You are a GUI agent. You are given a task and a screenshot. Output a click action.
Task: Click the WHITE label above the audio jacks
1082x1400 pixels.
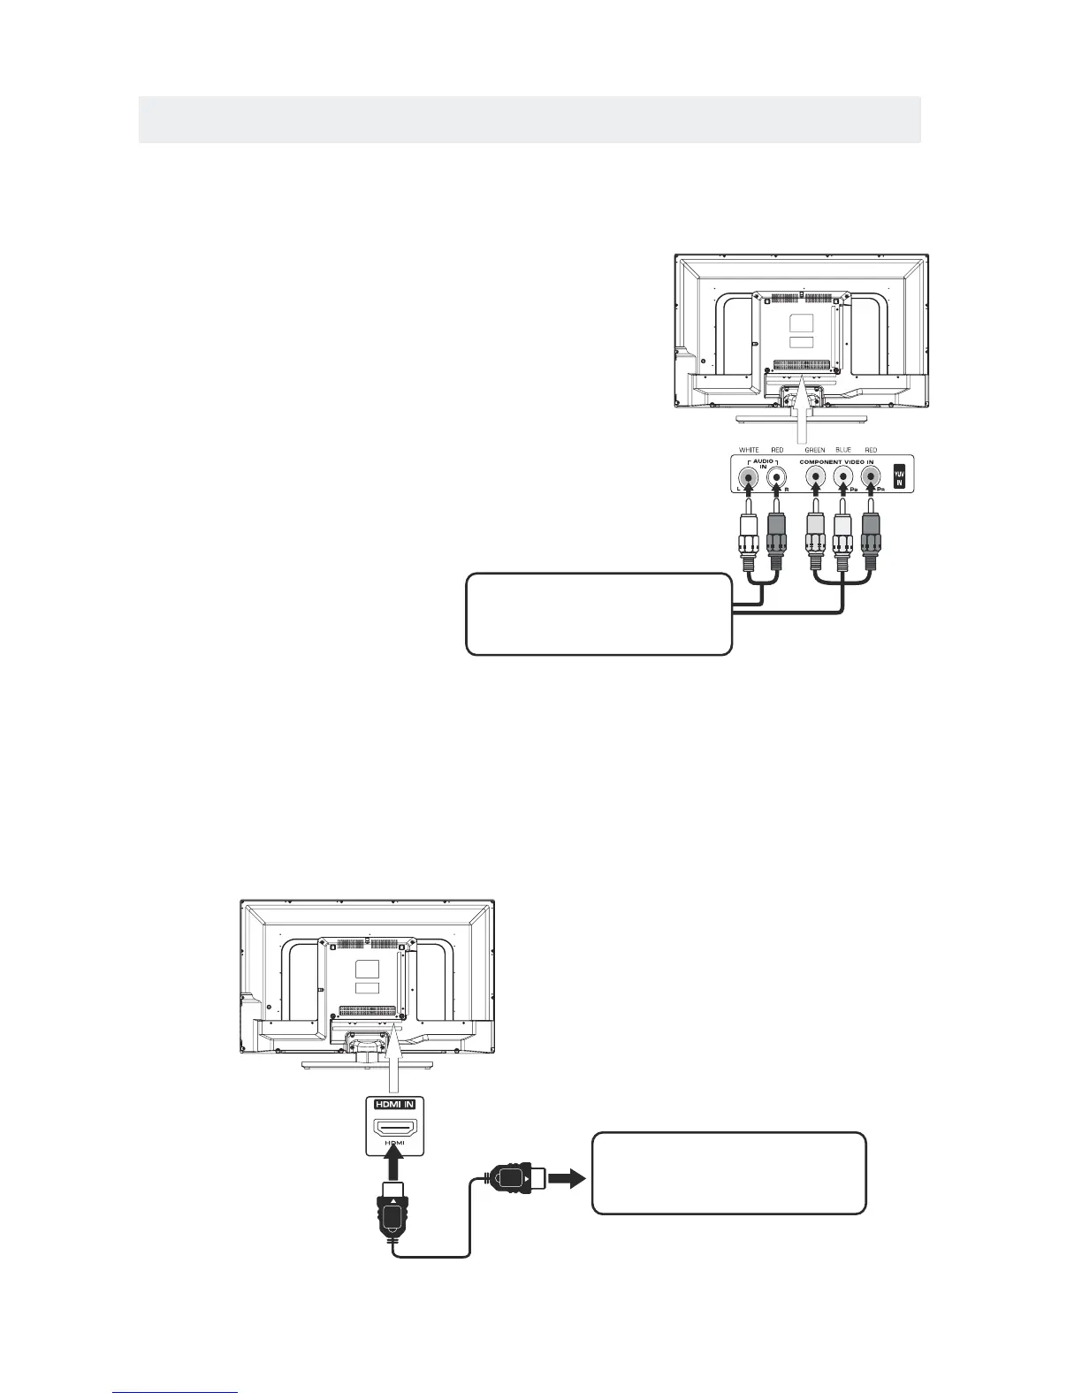coord(749,450)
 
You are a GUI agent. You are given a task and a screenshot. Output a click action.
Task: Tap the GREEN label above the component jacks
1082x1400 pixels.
coord(814,450)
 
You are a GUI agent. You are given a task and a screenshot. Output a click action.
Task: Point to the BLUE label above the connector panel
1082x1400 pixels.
coord(843,450)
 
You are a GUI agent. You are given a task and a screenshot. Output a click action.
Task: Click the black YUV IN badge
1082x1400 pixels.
coord(899,475)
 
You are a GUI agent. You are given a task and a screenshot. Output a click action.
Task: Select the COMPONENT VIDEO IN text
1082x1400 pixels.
coord(838,461)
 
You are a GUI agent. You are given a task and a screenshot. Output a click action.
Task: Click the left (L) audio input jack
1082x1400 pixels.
coord(749,479)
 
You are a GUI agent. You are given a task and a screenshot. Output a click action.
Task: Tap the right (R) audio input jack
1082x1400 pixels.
coord(776,479)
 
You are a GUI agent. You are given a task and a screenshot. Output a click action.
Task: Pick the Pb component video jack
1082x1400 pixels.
coord(843,479)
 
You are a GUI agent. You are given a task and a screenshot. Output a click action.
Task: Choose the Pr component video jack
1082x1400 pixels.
coord(871,479)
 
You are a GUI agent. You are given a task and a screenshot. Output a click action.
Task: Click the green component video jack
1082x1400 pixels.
coord(815,479)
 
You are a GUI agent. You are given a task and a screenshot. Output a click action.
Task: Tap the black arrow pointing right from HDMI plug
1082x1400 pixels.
coord(567,1177)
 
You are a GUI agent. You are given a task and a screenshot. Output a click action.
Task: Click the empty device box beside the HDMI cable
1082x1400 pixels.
coord(728,1173)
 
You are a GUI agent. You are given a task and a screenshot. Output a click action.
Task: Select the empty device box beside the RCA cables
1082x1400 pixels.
coord(598,614)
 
